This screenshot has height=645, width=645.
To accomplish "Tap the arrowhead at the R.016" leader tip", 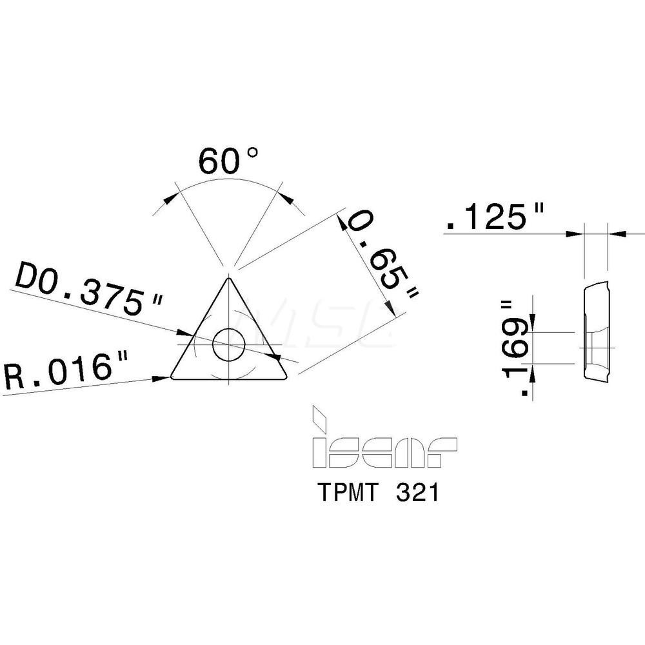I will click(x=164, y=378).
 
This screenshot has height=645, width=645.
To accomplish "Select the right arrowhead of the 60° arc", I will click(x=286, y=197).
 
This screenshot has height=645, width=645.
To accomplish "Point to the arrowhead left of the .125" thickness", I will click(x=575, y=233).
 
